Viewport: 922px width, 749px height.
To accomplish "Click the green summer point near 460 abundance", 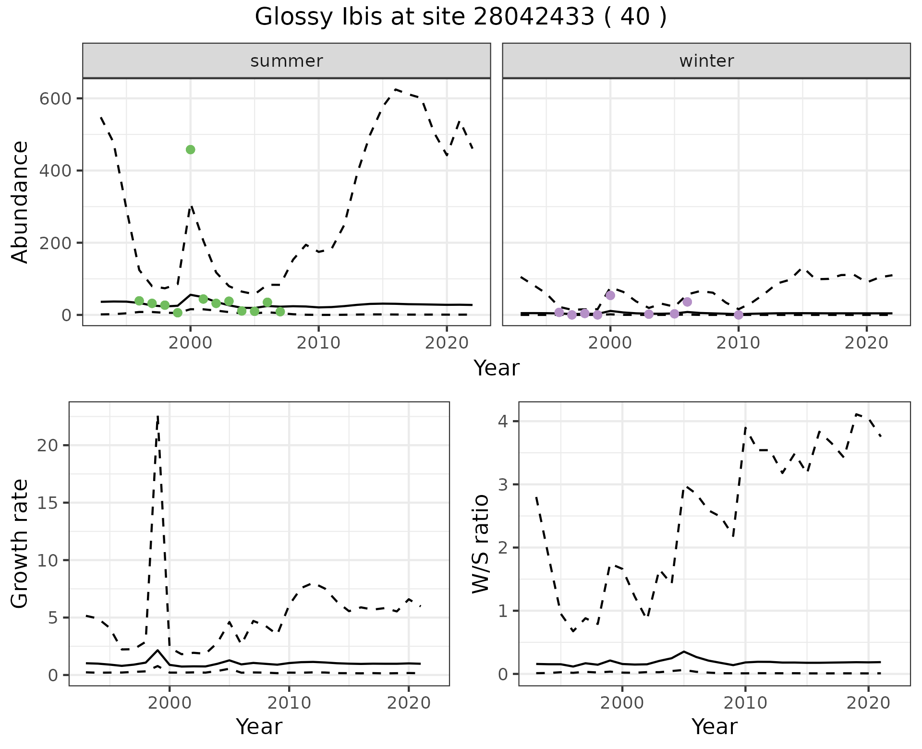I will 190,150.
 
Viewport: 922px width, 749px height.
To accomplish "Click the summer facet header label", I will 287,61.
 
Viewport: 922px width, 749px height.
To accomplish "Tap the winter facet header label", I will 706,61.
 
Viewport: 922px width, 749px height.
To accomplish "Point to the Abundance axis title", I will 20,202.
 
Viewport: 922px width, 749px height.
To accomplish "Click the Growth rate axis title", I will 20,544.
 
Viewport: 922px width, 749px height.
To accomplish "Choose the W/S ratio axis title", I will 480,544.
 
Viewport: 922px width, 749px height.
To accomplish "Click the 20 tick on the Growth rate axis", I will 47,445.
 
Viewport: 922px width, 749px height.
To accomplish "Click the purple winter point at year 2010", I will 739,315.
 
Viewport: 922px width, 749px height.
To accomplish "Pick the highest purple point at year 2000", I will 610,295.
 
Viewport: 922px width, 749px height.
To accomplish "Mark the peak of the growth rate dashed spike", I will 158,416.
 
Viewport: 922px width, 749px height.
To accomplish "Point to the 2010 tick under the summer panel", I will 318,343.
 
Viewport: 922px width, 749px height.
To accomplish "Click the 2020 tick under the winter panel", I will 867,343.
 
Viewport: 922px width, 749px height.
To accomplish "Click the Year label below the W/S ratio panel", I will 714,727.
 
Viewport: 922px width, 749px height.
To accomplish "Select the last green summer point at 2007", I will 280,312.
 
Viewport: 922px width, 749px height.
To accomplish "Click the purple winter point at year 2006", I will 687,302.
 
